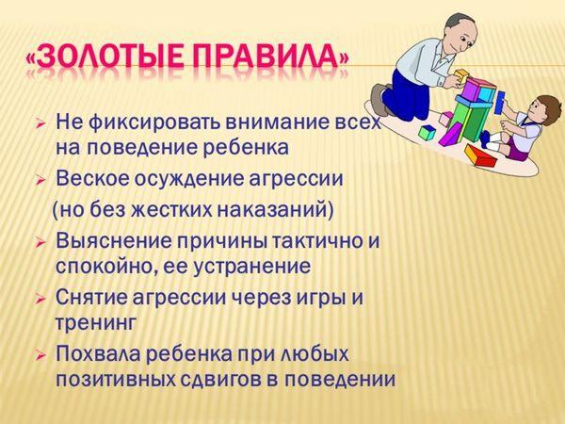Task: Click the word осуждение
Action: (x=192, y=179)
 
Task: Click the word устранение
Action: (x=252, y=268)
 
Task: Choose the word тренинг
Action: (x=96, y=322)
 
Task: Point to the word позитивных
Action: (x=117, y=379)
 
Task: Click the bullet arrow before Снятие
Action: (x=41, y=300)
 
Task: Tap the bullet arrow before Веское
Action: (x=41, y=180)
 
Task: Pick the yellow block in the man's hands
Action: (x=460, y=76)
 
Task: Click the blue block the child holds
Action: (x=500, y=103)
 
